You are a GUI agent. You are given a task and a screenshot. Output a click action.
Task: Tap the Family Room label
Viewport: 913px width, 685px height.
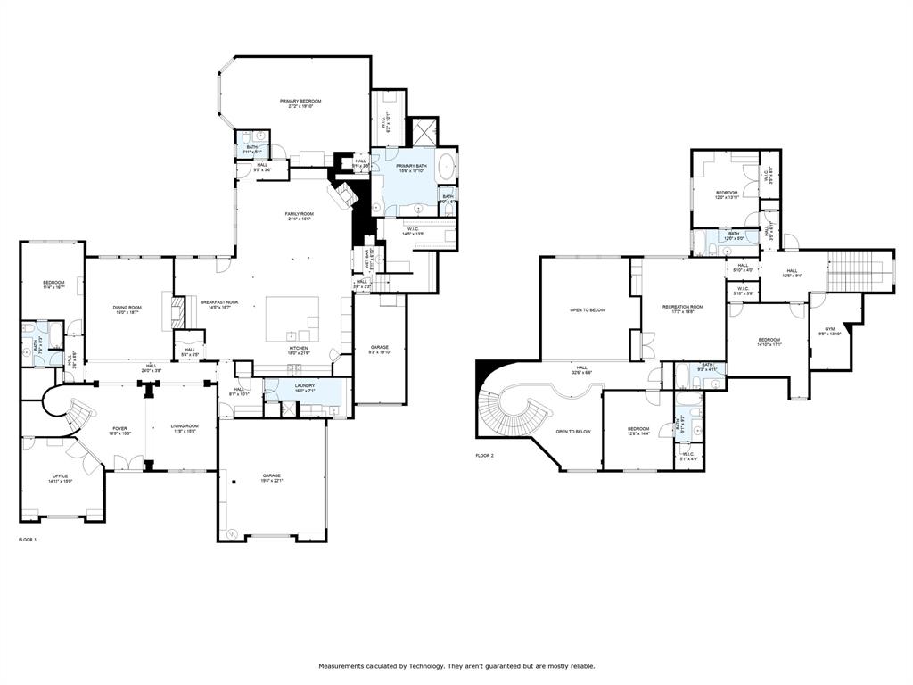pos(300,215)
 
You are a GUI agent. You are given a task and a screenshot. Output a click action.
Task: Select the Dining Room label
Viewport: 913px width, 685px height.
pos(127,308)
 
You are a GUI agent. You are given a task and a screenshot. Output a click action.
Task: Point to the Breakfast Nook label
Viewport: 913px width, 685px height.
pos(218,302)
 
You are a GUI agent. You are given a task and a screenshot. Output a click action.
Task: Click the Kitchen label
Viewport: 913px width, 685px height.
pos(298,349)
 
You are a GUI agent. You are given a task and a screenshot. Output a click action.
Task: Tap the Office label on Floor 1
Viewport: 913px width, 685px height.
pos(61,477)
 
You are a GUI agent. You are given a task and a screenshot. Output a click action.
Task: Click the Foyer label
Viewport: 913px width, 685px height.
pos(119,429)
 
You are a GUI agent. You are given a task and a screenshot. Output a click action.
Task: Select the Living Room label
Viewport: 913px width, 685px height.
pos(185,426)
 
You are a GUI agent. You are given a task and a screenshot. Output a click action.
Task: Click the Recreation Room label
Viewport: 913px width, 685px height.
pos(682,307)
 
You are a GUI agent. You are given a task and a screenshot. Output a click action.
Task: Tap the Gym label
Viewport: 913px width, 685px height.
pos(830,329)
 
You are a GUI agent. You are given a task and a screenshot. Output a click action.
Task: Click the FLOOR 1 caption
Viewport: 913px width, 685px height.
pos(29,540)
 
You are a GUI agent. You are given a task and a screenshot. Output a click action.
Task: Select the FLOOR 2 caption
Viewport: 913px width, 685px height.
pos(484,455)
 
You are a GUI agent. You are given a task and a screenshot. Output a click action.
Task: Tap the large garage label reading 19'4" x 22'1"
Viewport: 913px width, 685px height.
pos(271,477)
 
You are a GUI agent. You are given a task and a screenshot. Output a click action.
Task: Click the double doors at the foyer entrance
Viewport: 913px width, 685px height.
pos(130,462)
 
